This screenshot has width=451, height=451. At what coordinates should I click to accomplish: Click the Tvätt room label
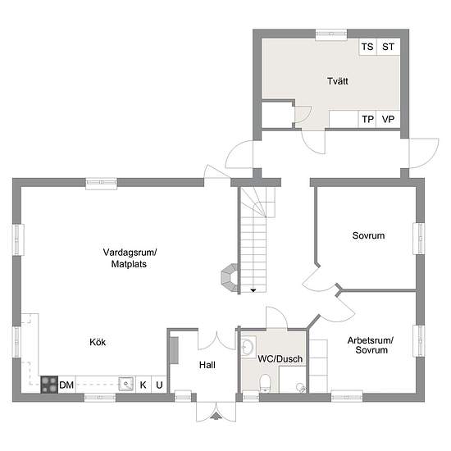point(338,81)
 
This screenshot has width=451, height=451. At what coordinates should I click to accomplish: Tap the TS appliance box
point(368,47)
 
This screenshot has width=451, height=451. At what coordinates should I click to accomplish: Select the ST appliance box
point(389,47)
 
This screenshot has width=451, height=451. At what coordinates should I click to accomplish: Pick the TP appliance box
point(367,119)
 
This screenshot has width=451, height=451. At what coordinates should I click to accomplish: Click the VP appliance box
point(388,119)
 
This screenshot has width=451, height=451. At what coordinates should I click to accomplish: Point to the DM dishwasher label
point(66,385)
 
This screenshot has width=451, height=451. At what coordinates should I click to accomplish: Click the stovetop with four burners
point(49,385)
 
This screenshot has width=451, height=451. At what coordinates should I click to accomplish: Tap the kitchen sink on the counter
point(126,384)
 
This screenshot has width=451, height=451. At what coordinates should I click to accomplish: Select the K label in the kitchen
point(143,385)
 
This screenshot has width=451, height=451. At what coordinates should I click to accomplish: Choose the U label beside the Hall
point(159,385)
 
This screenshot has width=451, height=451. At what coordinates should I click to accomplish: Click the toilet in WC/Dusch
point(265,384)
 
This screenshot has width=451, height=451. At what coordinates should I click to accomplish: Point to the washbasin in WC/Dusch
point(248,346)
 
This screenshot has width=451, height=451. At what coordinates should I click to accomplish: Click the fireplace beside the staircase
point(230,278)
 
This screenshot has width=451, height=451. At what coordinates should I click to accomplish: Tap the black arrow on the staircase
point(253,290)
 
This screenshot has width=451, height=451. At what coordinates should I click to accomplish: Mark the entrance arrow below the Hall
point(216,416)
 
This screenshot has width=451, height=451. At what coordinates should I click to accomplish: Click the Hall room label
point(207,365)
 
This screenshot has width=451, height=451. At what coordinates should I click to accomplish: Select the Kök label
point(98,342)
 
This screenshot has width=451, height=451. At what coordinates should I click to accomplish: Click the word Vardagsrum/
point(130,253)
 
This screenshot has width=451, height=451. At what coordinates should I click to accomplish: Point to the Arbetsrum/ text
point(371,340)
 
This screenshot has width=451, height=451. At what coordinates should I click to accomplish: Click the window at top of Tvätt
point(331,34)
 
